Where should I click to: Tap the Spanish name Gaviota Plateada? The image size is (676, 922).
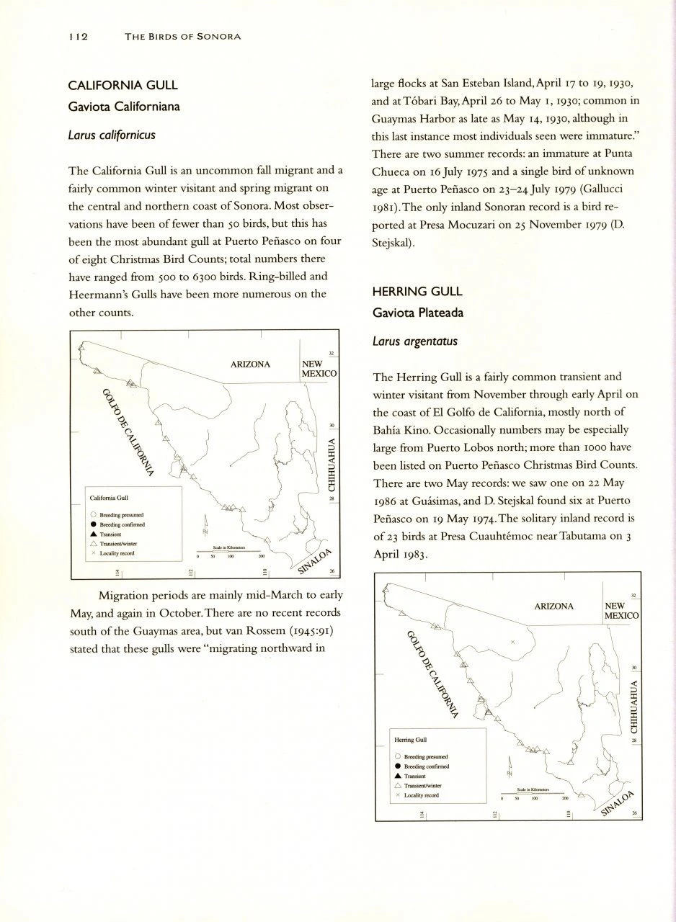click(418, 313)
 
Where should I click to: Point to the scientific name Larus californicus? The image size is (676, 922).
click(112, 135)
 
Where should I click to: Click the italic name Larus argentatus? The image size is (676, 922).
click(414, 341)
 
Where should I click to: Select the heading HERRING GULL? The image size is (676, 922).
click(417, 292)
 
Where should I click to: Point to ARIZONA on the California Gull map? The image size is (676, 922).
click(250, 364)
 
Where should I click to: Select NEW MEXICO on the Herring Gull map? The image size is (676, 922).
click(621, 612)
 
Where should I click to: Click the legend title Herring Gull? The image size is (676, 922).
click(411, 740)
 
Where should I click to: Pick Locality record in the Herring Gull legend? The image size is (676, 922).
click(422, 795)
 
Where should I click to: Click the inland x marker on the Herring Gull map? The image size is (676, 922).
click(512, 641)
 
